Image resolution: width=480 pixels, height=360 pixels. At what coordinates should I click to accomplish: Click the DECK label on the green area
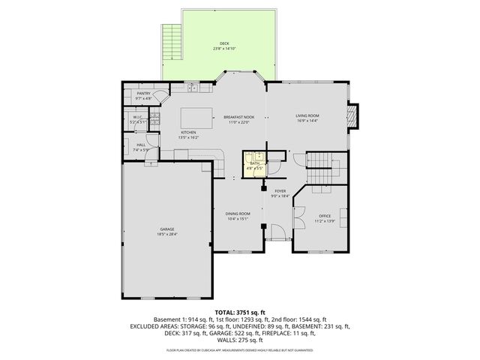point(224,43)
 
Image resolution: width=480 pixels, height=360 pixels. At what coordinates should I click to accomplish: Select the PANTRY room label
point(143,94)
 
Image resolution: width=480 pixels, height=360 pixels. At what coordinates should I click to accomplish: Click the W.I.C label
point(138,117)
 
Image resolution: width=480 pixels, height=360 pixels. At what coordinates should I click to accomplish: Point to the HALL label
point(141,145)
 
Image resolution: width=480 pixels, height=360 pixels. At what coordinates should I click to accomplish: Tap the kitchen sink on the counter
point(191,87)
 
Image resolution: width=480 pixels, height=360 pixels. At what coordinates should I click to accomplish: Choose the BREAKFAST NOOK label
point(238,117)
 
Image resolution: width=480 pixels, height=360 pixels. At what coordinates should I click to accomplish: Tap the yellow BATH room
point(255,164)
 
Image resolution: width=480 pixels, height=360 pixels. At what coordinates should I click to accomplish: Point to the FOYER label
point(280,191)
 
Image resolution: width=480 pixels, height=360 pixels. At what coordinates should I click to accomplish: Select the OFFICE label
point(325,215)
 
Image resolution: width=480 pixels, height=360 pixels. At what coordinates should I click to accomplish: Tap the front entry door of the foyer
point(280,238)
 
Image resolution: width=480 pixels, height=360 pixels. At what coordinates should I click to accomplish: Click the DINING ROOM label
point(238,214)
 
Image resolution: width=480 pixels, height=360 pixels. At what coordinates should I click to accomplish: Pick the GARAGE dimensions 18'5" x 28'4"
point(166,234)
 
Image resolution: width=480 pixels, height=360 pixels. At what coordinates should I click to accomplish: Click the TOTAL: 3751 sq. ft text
point(240,310)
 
